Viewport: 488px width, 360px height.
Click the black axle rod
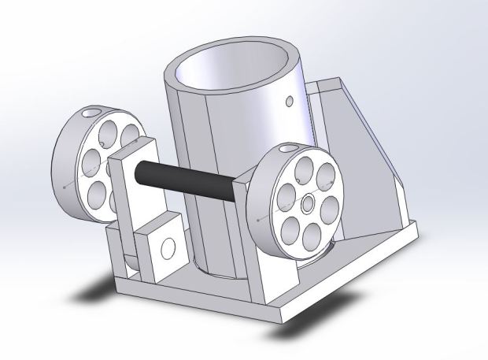189,179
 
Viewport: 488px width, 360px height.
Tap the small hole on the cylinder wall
290,100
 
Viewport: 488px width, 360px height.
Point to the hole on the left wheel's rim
95,112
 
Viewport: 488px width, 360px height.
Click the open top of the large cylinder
235,67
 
